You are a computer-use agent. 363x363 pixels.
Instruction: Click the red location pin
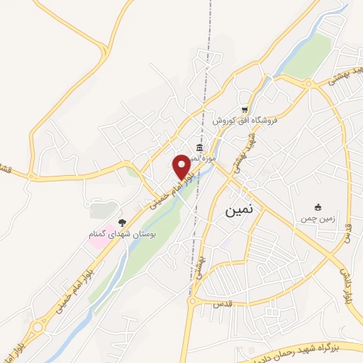(182, 166)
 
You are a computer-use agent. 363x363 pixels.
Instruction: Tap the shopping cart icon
(245, 109)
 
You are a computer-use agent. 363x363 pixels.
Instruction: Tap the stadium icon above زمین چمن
(319, 207)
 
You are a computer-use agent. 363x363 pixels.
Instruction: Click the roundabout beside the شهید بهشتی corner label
(308, 84)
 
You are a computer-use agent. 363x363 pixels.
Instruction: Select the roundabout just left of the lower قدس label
(194, 302)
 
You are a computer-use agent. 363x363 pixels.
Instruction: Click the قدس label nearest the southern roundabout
(222, 303)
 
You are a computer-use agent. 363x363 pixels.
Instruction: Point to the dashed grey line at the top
(210, 28)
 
